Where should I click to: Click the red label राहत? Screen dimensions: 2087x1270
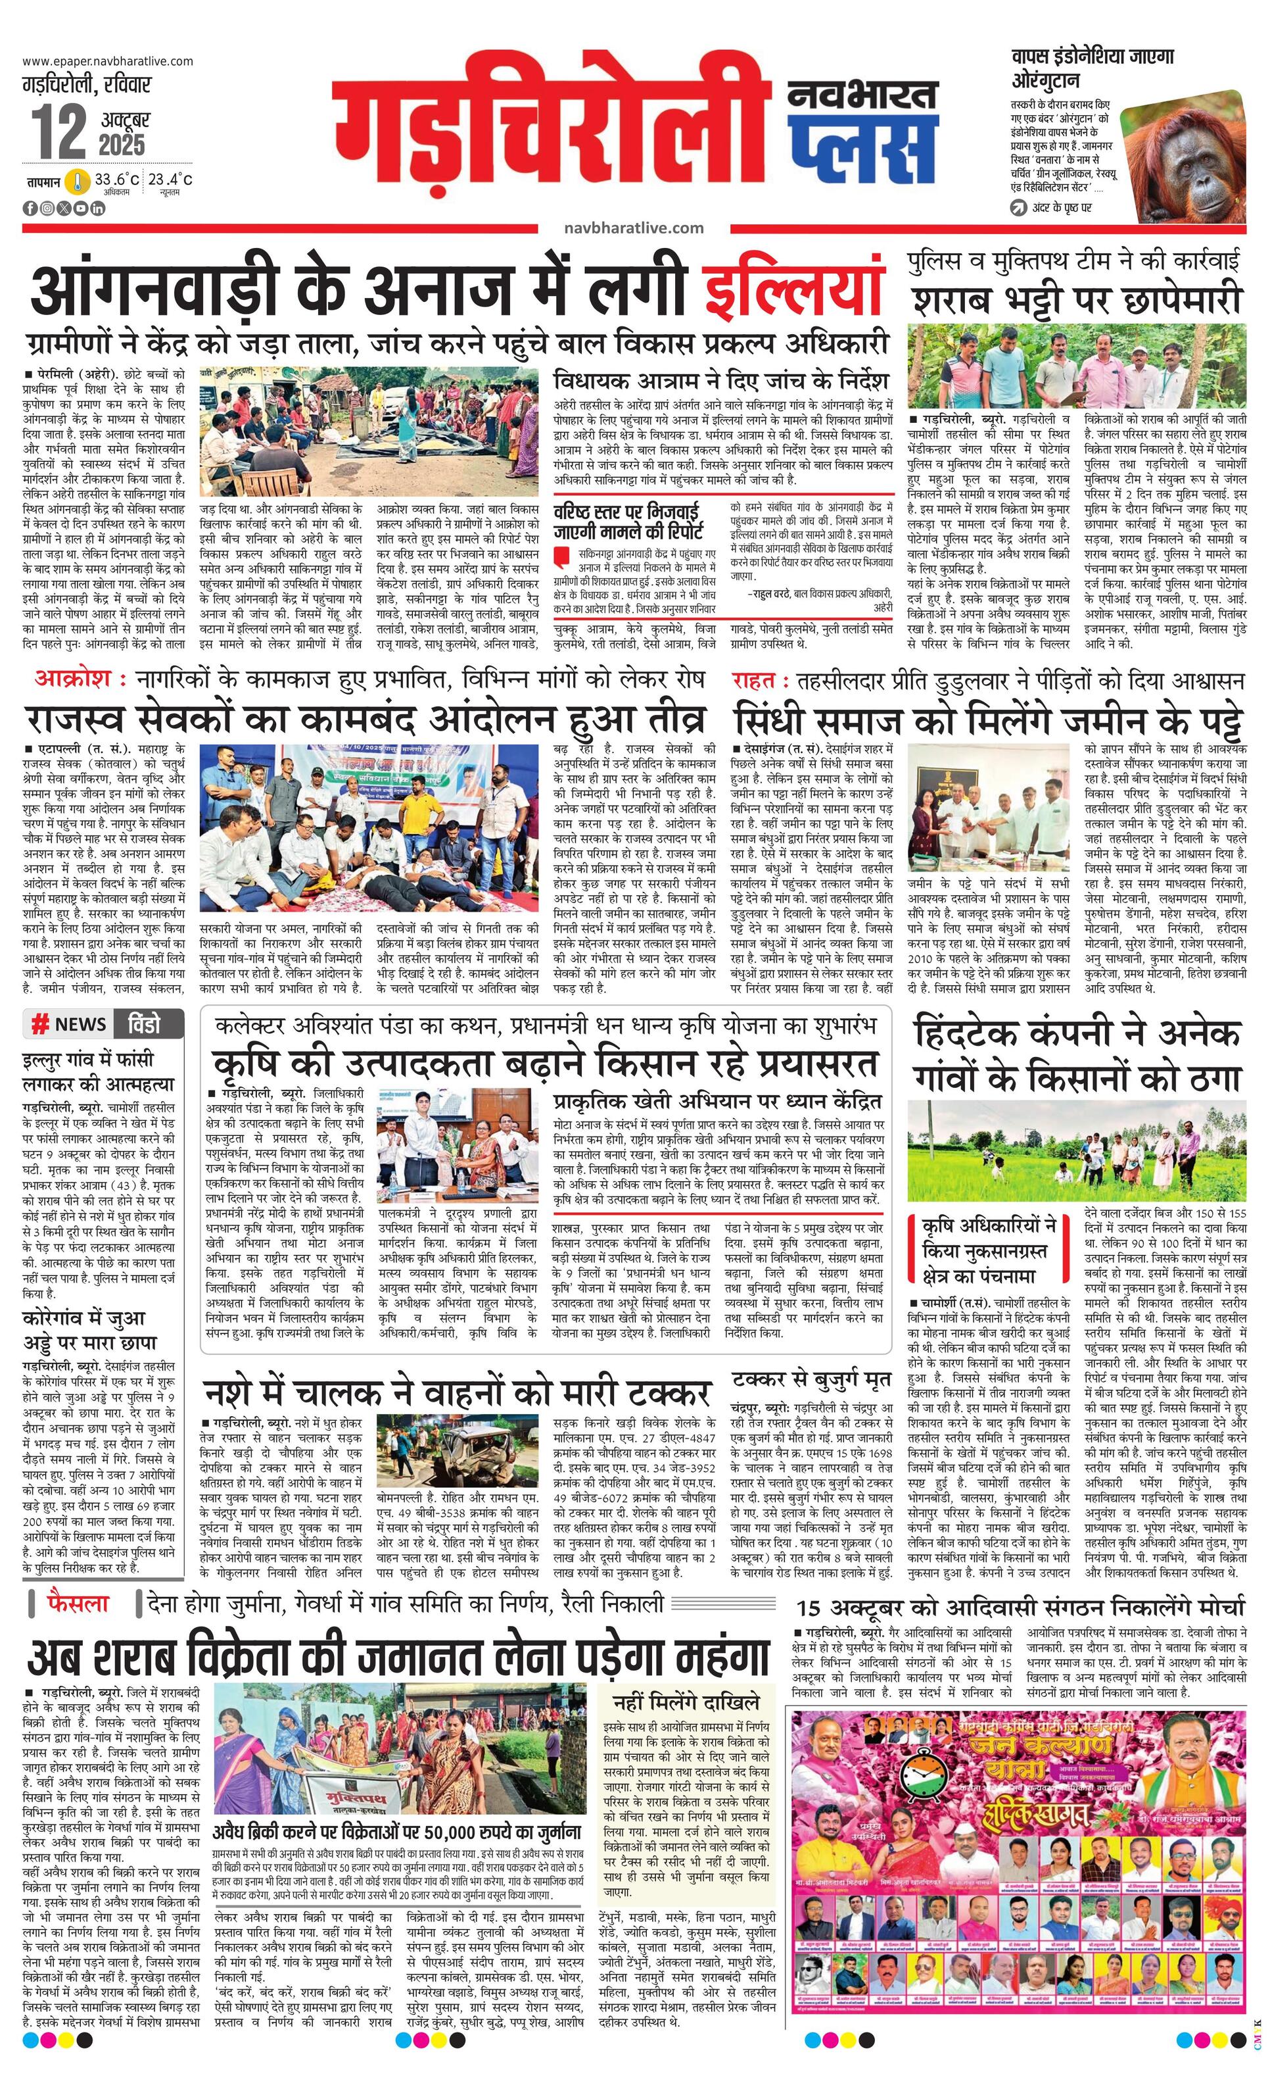coord(753,680)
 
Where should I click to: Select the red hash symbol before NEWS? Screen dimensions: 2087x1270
coord(39,1024)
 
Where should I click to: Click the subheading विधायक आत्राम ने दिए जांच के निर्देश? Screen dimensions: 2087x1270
coord(720,377)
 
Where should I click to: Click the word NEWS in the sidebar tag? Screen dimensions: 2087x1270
coord(80,1024)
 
